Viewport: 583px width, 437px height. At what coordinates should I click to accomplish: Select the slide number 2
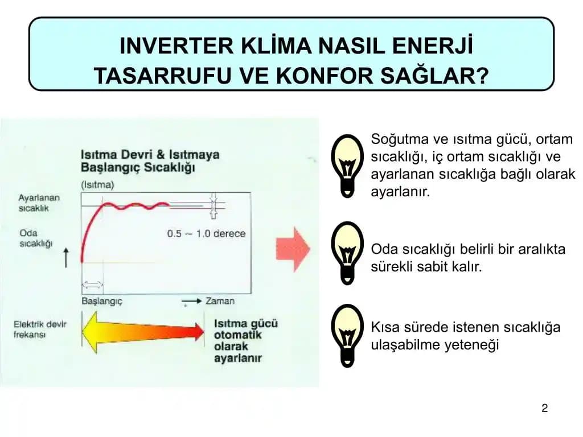click(x=544, y=408)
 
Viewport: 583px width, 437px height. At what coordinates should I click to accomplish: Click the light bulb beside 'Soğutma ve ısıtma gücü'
click(x=347, y=165)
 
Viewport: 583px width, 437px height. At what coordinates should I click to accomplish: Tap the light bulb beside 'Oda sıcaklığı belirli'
click(x=347, y=252)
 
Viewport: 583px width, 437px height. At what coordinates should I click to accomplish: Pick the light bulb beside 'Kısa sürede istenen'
click(x=347, y=336)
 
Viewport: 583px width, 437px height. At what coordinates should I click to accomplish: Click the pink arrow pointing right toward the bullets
click(x=293, y=249)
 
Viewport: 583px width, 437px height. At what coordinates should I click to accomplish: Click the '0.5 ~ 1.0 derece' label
click(x=206, y=233)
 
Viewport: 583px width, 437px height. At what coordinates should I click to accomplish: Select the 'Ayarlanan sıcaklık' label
click(x=39, y=203)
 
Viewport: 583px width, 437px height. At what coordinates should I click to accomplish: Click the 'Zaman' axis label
click(x=220, y=301)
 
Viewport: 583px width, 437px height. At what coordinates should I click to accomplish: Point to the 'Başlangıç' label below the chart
click(x=102, y=301)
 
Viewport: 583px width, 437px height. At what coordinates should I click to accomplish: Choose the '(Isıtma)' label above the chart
click(x=97, y=184)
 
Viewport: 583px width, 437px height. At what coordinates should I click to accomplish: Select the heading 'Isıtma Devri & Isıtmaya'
click(x=150, y=155)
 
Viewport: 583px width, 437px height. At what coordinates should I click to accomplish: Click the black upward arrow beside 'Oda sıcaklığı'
click(x=66, y=257)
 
